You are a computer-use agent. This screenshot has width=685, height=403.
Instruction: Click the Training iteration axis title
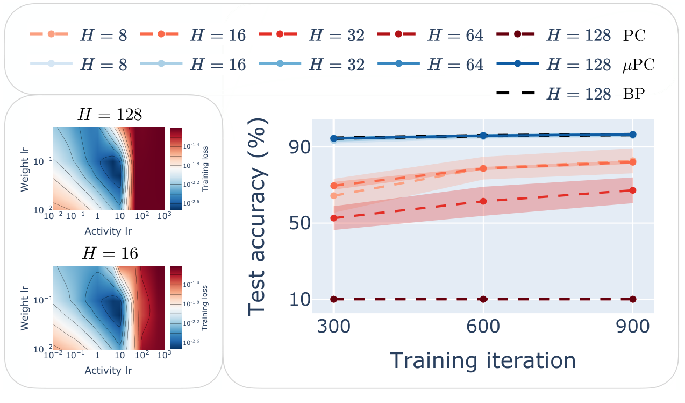click(482, 359)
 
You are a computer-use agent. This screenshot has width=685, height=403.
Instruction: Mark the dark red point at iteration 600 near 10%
click(483, 299)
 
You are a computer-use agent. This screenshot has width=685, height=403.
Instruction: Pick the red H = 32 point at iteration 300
click(334, 218)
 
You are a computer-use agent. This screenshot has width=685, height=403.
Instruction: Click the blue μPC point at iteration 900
click(633, 135)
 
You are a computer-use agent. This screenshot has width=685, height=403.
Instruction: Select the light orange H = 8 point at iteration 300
click(334, 195)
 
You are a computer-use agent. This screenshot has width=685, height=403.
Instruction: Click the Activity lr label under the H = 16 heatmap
click(108, 371)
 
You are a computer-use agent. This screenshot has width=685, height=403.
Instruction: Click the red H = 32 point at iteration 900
click(633, 190)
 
